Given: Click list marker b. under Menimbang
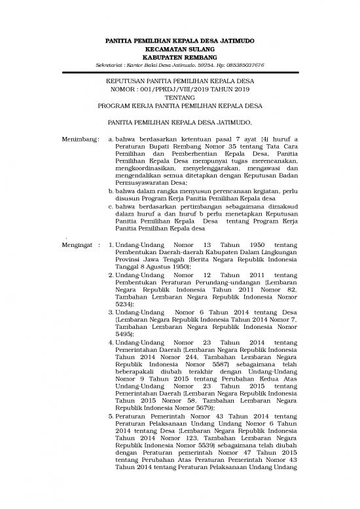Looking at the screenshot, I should tap(109, 208).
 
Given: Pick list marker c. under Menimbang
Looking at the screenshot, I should tap(109, 223).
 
